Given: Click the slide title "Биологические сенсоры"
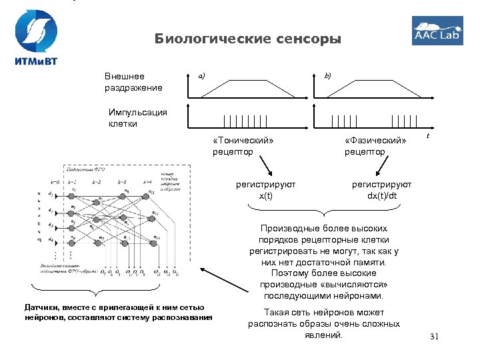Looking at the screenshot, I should point(247,39).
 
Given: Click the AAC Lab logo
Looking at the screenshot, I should point(437,31).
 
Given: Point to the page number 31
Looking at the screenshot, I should point(433,336).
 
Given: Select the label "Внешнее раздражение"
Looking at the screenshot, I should point(133,82).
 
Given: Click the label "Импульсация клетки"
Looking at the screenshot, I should point(129,117).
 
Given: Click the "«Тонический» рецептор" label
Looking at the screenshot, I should point(243,146).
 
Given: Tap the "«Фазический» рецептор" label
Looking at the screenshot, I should point(375,146).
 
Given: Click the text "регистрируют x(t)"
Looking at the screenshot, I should point(265,189).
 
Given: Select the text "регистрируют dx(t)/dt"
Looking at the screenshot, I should point(381,189).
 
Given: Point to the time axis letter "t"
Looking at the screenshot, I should point(427,136).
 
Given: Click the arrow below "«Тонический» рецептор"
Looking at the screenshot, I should point(264,165).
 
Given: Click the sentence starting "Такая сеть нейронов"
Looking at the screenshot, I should point(323,323).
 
